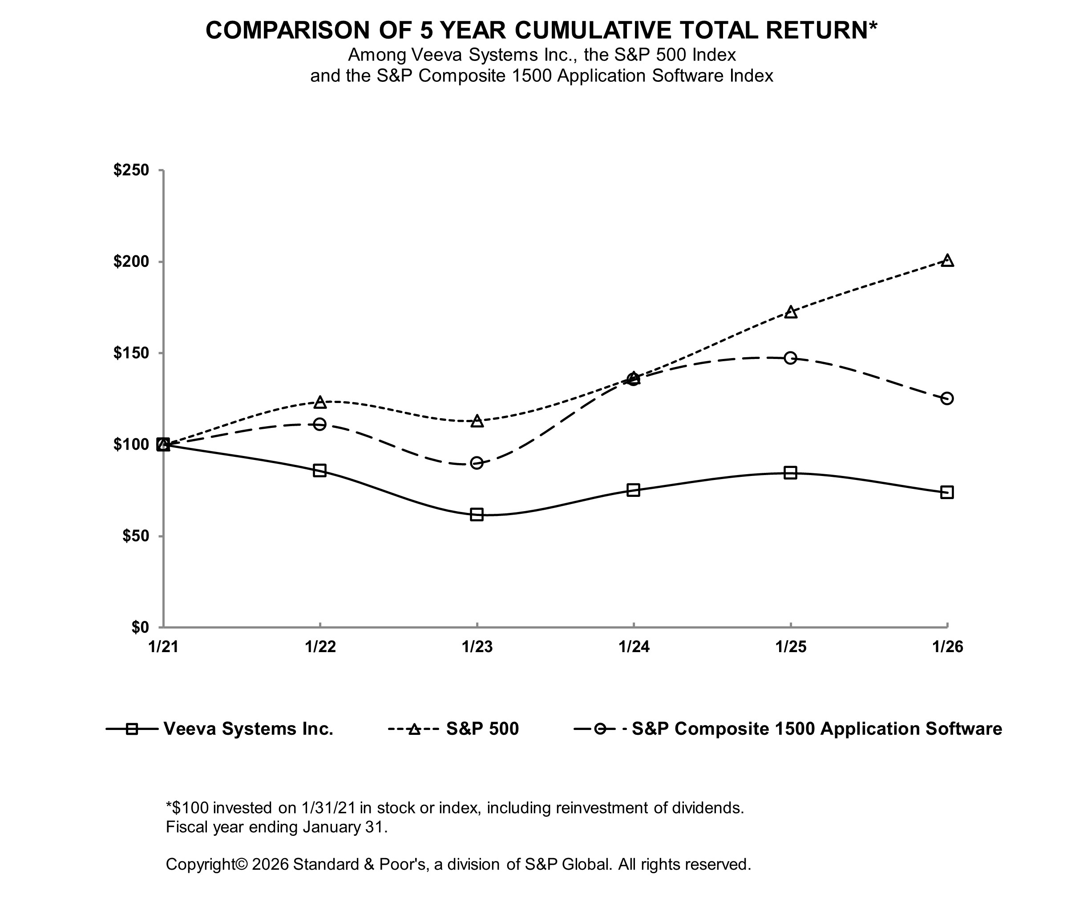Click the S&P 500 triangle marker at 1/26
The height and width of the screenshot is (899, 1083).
point(947,261)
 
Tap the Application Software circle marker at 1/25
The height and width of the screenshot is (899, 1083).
point(790,358)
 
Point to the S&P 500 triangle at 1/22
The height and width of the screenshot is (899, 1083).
point(320,402)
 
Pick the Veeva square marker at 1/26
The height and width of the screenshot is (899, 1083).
point(947,492)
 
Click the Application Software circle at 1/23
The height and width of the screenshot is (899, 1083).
point(477,462)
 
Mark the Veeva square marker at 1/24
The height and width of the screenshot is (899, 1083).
point(633,490)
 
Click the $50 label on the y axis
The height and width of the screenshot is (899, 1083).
point(135,536)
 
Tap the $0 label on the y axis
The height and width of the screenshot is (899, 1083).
point(139,627)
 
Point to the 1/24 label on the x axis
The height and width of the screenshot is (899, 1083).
point(633,646)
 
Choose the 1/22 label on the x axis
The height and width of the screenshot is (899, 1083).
point(320,646)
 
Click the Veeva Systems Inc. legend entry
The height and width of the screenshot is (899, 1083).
point(248,728)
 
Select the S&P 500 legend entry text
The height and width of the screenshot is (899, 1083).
point(482,728)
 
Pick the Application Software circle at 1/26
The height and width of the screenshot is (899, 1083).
point(947,399)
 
